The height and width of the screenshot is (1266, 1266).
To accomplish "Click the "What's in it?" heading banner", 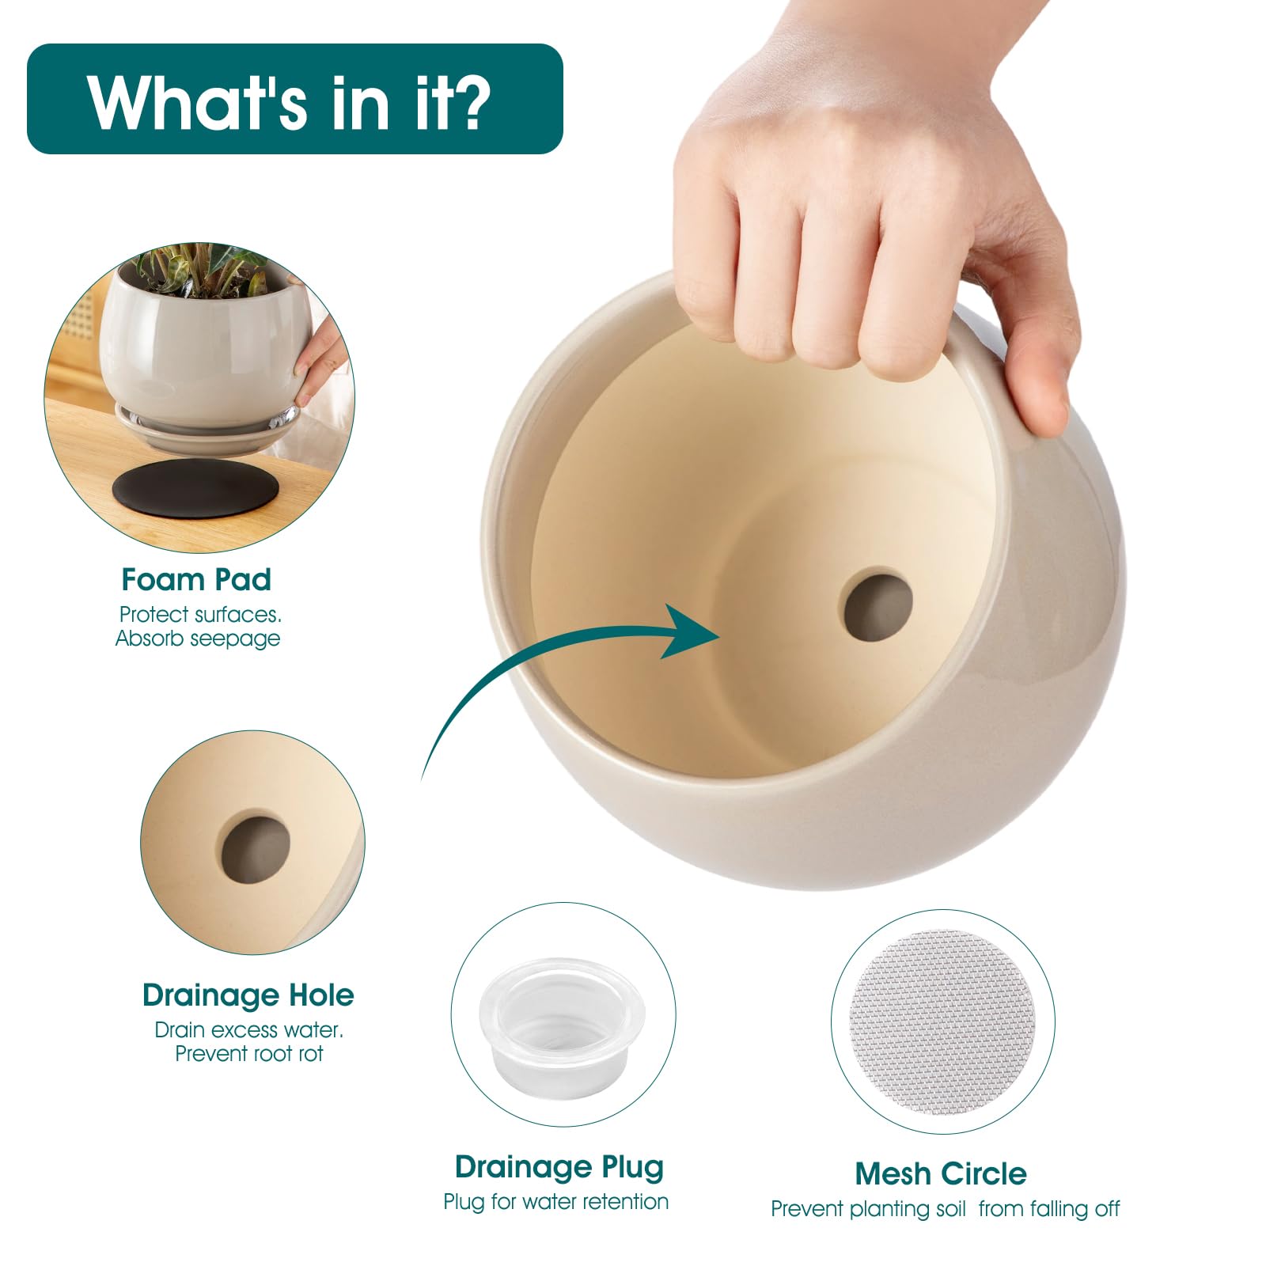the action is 294,99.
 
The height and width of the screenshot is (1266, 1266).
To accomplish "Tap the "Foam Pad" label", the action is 196,580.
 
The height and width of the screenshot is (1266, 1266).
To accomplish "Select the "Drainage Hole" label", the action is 248,995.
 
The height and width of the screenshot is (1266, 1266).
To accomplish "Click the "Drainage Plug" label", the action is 559,1168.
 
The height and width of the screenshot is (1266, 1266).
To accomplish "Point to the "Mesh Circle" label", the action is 941,1173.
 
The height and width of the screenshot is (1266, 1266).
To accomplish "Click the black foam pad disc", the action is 195,491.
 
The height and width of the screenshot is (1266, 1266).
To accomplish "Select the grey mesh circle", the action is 942,1022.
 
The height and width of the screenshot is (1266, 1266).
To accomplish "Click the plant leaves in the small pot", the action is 203,273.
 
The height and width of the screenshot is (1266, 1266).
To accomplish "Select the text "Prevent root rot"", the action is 249,1054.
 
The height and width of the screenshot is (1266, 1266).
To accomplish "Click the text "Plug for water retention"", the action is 555,1202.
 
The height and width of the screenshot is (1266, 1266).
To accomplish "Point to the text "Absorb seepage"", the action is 198,639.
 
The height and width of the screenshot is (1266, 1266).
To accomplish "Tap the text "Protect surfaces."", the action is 200,614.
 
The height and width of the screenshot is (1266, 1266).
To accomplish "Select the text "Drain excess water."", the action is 249,1030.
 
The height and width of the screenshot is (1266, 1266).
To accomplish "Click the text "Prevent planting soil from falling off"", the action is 946,1209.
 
